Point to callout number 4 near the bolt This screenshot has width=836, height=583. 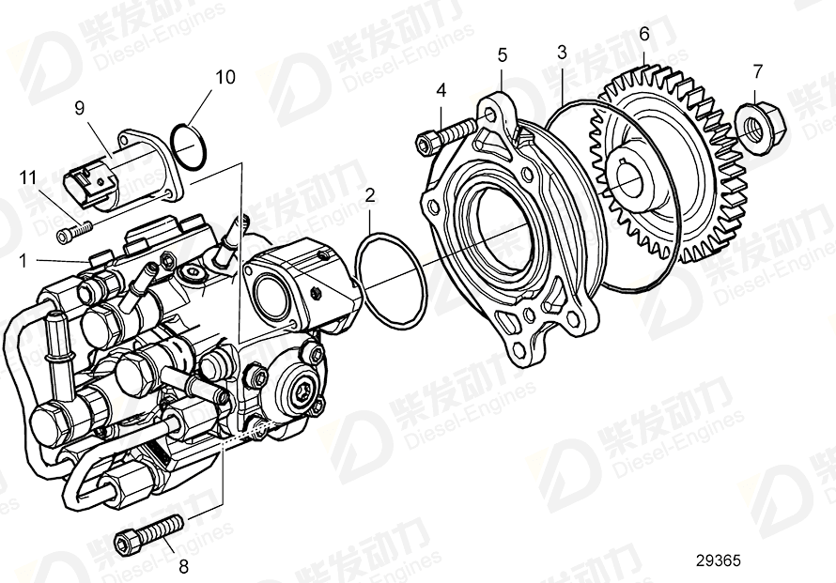pyautogui.click(x=441, y=91)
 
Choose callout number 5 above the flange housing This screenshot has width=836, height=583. pyautogui.click(x=503, y=55)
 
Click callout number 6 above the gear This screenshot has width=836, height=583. pyautogui.click(x=644, y=34)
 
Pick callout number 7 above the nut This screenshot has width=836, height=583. pyautogui.click(x=757, y=69)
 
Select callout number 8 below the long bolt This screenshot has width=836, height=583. pyautogui.click(x=183, y=566)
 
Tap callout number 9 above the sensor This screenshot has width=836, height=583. pyautogui.click(x=80, y=107)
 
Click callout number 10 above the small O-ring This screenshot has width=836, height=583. pyautogui.click(x=225, y=77)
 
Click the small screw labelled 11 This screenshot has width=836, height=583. pyautogui.click(x=74, y=228)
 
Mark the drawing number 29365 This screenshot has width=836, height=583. pyautogui.click(x=718, y=560)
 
